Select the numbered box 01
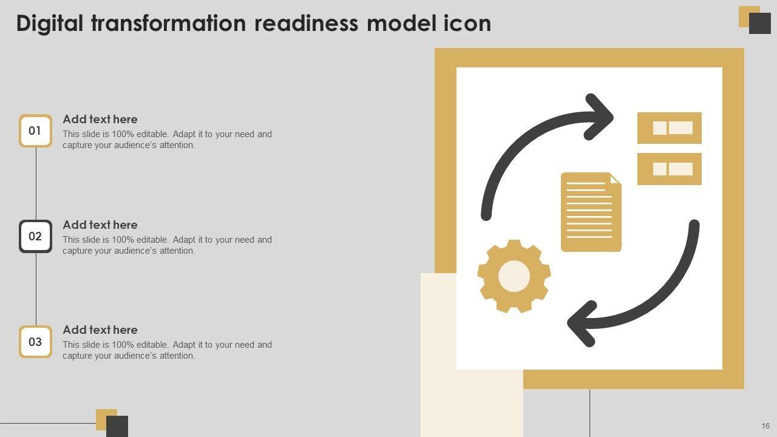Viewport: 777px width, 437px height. coord(35,130)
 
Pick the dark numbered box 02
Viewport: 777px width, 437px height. coord(35,236)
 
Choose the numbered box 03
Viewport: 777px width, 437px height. coord(35,342)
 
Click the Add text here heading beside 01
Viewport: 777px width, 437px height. coord(100,120)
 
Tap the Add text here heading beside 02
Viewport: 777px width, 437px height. coord(100,225)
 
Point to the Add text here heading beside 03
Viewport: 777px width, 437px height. coord(100,330)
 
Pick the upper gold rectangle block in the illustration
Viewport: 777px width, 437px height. coord(669,128)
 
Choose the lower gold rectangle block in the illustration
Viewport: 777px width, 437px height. coord(669,169)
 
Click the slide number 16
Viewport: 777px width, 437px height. coord(765,426)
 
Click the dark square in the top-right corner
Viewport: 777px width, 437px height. coord(760,24)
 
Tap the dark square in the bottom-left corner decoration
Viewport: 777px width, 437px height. coord(117,426)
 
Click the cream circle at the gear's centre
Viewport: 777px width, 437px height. coord(514,277)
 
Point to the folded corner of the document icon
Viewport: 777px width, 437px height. coord(615,179)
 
